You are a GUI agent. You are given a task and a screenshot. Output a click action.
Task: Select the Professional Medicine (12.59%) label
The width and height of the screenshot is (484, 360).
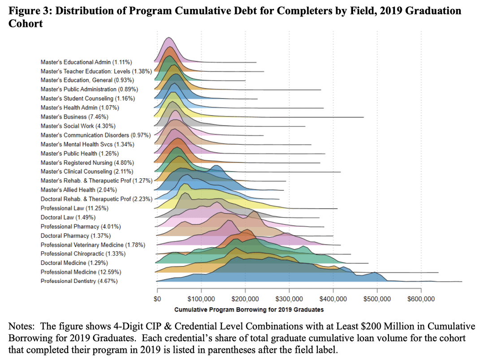[x=81, y=272]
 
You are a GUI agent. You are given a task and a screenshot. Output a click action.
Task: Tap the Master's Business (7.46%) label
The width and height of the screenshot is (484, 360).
[x=74, y=117]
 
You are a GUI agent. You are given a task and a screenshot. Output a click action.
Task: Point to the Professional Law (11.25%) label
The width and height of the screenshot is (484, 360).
[x=74, y=208]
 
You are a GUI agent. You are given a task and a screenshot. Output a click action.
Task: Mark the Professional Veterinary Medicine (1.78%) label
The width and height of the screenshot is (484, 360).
[x=99, y=245]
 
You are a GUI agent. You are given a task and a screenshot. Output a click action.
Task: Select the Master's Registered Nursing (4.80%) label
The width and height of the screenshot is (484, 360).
[x=87, y=163]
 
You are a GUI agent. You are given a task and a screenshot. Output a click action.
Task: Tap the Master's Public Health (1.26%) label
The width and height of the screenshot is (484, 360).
[x=81, y=153]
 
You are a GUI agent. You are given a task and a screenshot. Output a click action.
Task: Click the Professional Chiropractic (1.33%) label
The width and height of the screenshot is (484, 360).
[x=83, y=254]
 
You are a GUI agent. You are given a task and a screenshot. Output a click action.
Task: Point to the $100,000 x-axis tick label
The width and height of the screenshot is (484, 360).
[x=201, y=299]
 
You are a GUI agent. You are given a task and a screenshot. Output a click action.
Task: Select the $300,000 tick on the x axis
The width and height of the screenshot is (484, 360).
[x=289, y=299]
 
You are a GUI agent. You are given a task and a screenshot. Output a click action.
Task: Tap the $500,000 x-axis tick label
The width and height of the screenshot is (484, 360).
[x=377, y=299]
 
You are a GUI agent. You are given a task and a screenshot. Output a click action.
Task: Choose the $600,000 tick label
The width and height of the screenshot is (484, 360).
[x=421, y=299]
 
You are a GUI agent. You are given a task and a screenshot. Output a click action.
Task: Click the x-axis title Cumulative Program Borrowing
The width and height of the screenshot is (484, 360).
[x=249, y=309]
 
